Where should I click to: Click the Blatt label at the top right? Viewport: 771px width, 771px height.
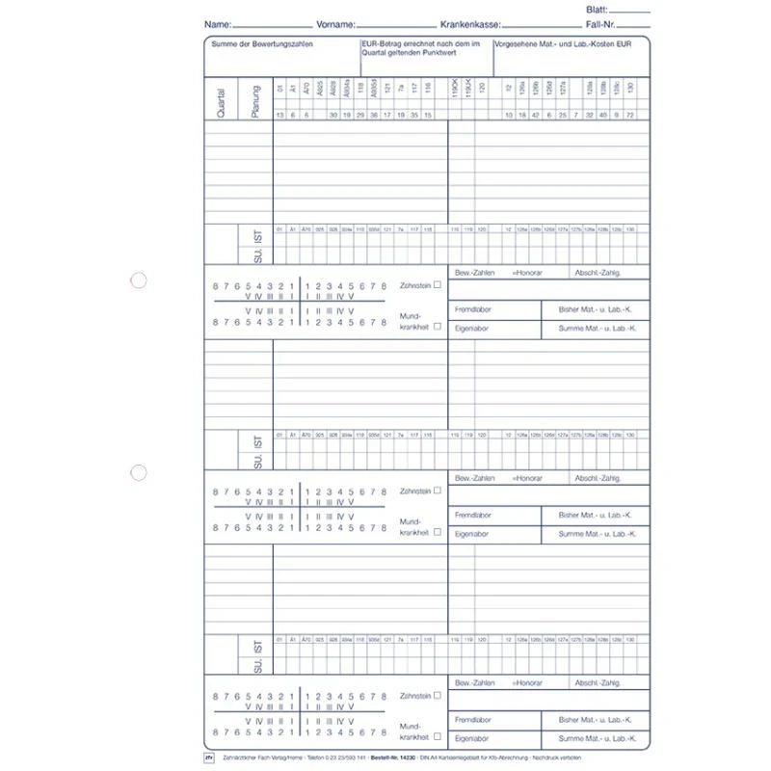click(597, 8)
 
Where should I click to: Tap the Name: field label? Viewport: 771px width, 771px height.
click(218, 22)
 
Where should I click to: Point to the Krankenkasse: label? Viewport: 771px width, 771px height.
click(470, 22)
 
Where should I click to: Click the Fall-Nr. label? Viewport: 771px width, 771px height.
click(600, 22)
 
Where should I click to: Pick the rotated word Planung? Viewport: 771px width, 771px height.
click(254, 101)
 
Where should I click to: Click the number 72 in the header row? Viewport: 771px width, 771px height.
click(630, 115)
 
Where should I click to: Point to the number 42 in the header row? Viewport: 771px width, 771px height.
click(536, 115)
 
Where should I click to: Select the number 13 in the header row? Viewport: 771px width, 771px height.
click(279, 115)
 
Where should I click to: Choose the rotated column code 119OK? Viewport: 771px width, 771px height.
click(454, 93)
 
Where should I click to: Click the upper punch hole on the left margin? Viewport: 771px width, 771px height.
click(139, 280)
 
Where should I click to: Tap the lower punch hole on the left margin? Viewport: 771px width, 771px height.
click(139, 473)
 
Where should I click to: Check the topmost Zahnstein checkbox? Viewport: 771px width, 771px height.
click(438, 284)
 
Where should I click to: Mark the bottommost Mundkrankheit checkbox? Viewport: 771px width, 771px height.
click(438, 736)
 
